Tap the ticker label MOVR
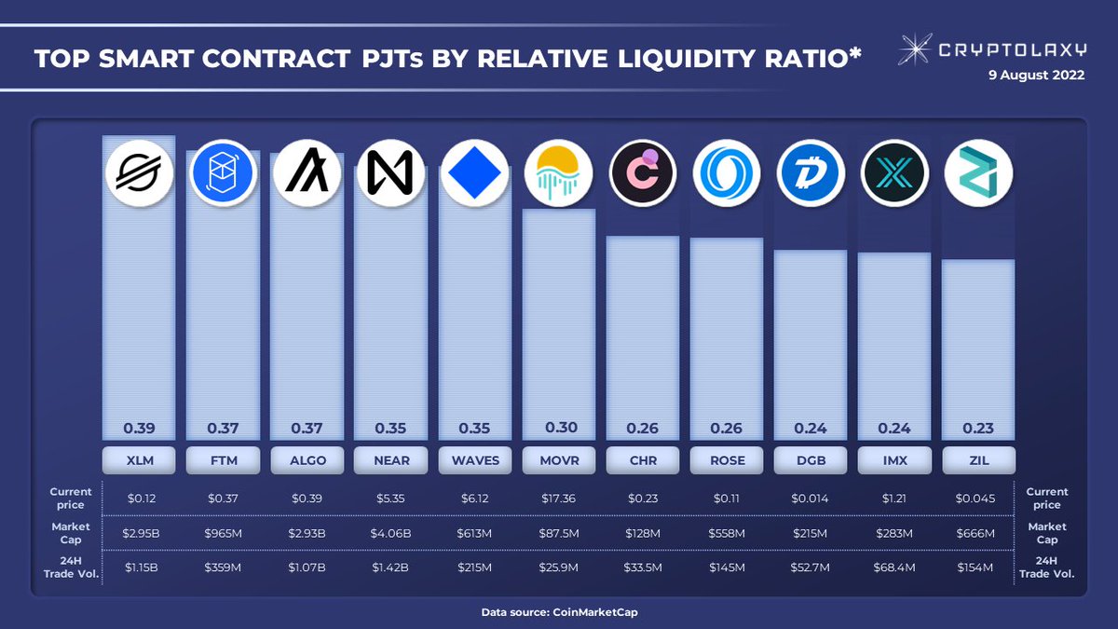559,459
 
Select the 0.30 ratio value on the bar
559,429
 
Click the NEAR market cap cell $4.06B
390,534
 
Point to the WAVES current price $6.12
474,499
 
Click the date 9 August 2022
1036,76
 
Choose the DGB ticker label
810,459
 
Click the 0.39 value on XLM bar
139,429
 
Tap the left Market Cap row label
71,533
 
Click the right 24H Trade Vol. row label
1046,567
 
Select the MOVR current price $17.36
558,499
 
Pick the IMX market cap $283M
893,534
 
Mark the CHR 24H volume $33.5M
642,567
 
